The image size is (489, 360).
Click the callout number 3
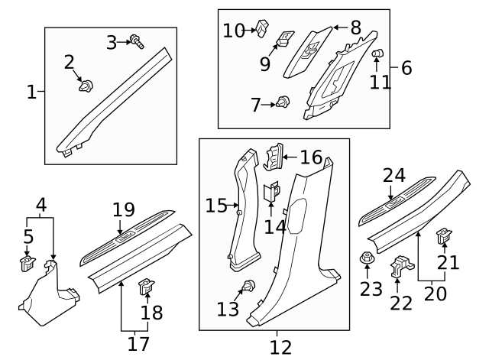click(x=112, y=43)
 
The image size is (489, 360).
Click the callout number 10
click(x=233, y=31)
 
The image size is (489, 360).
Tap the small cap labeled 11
click(x=377, y=54)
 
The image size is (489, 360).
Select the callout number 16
click(x=311, y=157)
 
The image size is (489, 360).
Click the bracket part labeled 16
click(x=273, y=157)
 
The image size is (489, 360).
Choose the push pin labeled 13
click(x=247, y=287)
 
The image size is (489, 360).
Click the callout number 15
click(x=215, y=205)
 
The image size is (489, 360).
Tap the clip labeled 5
click(x=27, y=264)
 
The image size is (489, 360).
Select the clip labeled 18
click(x=144, y=289)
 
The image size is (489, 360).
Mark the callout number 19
click(x=123, y=209)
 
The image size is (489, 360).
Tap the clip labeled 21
click(x=442, y=237)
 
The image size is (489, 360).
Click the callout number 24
click(x=394, y=175)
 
